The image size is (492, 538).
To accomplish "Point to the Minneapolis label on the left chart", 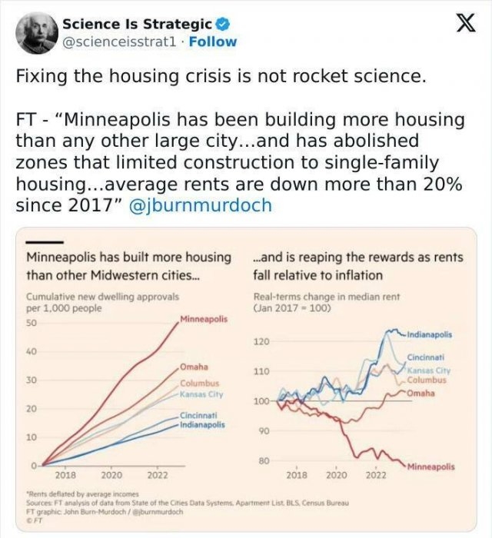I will pyautogui.click(x=204, y=318).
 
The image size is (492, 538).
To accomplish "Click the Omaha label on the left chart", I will pyautogui.click(x=195, y=367).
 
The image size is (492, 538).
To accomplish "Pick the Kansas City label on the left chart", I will pyautogui.click(x=201, y=394).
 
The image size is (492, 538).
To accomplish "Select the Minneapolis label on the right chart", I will pyautogui.click(x=430, y=467).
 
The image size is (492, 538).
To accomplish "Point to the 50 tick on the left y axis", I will pyautogui.click(x=32, y=324).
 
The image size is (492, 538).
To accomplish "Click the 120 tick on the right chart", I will pyautogui.click(x=261, y=341).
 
